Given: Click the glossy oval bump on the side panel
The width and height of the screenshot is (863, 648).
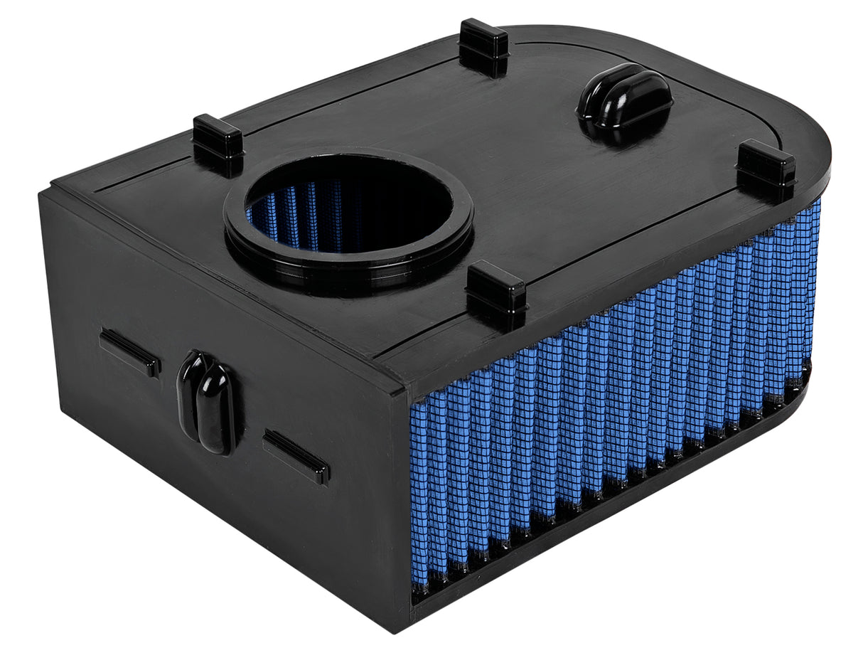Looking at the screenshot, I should coord(206,402).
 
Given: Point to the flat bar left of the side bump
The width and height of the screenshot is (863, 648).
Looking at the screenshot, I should coord(129,352).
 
